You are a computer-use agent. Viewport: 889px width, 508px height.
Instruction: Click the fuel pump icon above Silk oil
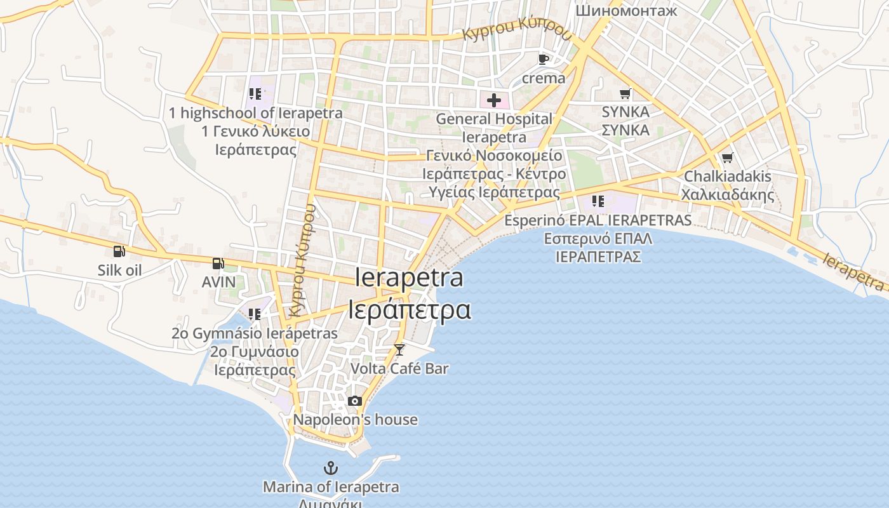click(119, 251)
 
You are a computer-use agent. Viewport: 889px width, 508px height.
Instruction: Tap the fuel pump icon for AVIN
click(218, 263)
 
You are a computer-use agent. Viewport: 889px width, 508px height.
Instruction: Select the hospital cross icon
click(493, 100)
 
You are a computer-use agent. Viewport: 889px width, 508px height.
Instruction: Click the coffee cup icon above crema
click(543, 59)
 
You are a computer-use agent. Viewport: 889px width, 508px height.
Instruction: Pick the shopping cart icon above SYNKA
click(625, 93)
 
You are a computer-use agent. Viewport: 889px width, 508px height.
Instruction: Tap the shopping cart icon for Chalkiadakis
click(727, 157)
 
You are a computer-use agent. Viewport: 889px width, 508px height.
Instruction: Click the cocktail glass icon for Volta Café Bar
click(399, 349)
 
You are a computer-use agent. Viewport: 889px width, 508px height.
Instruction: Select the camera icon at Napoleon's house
click(355, 401)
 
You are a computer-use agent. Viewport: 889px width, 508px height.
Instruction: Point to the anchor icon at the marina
click(331, 469)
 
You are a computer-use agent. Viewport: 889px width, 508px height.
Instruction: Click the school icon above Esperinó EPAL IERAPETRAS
click(598, 201)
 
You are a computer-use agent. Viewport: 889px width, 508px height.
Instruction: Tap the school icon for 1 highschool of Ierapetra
click(255, 94)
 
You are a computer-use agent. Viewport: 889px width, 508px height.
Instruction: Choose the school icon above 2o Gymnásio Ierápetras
click(254, 314)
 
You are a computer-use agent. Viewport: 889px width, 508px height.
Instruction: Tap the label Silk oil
click(119, 270)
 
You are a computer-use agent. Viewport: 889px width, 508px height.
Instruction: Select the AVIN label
click(218, 281)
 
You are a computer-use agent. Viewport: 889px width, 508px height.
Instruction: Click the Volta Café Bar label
click(399, 368)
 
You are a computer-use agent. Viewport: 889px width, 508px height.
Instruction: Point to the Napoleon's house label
click(355, 420)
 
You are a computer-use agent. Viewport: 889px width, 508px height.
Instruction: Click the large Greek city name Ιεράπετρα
click(410, 309)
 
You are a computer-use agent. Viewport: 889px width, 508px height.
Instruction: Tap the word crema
click(543, 78)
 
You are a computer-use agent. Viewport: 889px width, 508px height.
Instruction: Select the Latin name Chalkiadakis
click(727, 176)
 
